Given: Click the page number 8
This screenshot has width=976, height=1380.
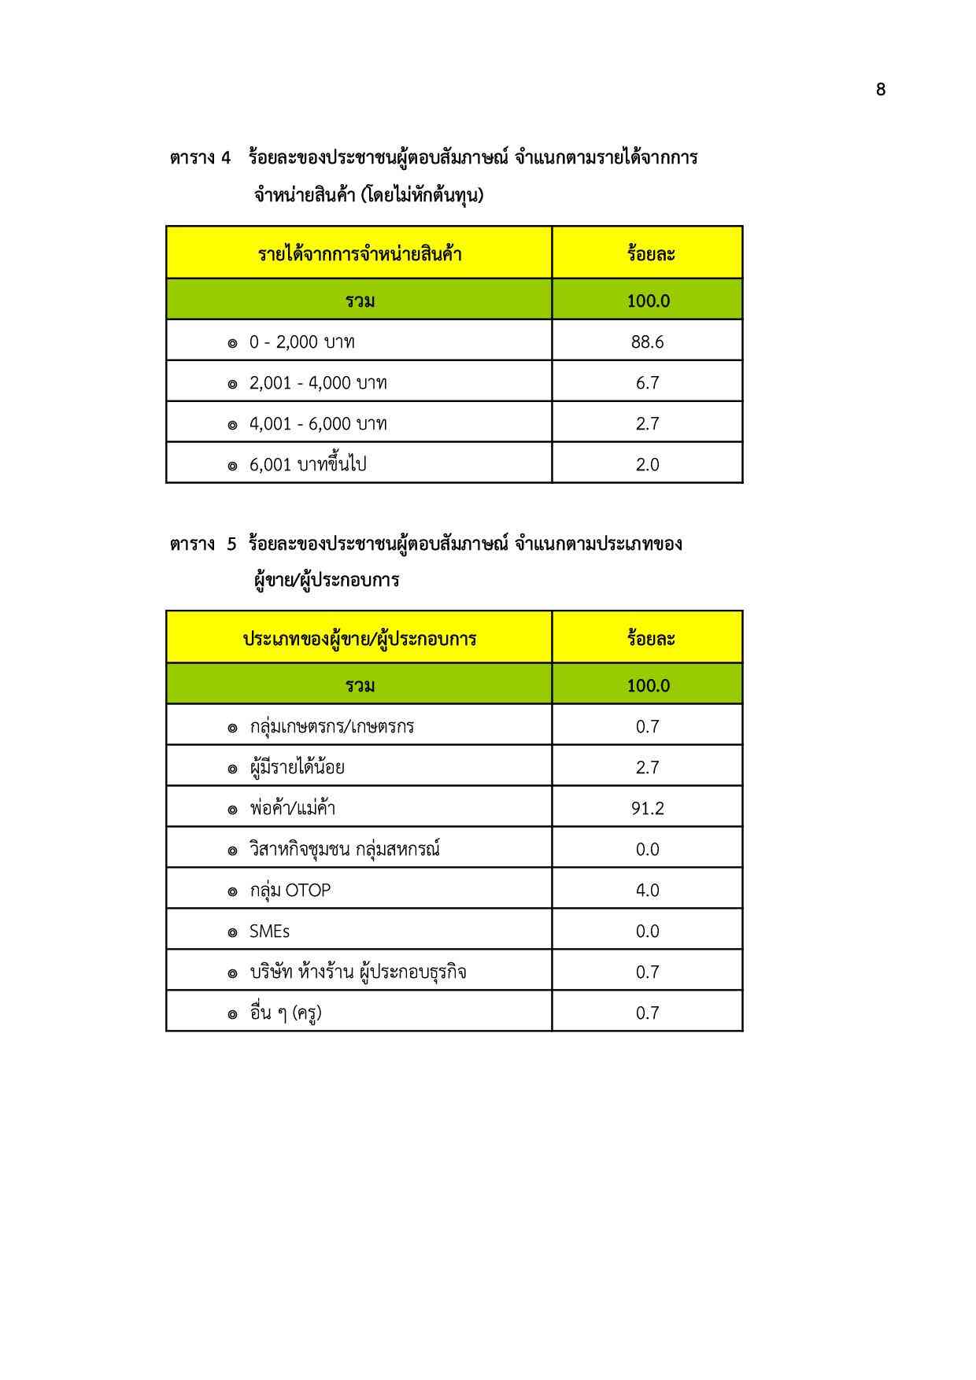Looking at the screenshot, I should point(880,90).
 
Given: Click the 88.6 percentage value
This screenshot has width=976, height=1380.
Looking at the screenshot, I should point(647,342).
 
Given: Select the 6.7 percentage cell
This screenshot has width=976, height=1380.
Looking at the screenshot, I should point(647,383).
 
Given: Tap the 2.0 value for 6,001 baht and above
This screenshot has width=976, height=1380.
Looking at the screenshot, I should point(647,465).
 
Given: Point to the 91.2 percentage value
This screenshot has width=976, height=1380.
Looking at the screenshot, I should point(647,809).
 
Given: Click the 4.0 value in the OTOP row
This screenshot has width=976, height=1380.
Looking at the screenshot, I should point(647,891).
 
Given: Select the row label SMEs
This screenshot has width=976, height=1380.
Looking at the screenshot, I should point(269,932).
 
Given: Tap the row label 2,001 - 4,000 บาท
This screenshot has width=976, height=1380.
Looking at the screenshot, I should point(318,383).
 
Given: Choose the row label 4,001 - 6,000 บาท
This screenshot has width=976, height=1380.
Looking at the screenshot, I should point(318,424).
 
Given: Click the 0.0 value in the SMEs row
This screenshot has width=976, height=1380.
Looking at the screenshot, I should point(647,932).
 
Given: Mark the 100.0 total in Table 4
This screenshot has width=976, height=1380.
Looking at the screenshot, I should point(648,301).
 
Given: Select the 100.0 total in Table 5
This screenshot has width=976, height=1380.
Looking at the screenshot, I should point(648,686).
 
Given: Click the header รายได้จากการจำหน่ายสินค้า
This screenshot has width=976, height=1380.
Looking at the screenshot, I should point(360,254).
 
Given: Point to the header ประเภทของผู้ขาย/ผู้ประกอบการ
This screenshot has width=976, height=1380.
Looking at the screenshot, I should point(360,639).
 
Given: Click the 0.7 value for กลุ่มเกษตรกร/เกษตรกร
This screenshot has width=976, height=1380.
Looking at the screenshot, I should point(647,727).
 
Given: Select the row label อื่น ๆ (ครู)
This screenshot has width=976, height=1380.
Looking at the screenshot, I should point(286,1013).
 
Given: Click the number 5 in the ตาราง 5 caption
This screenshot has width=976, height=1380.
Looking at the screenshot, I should point(231,544).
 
